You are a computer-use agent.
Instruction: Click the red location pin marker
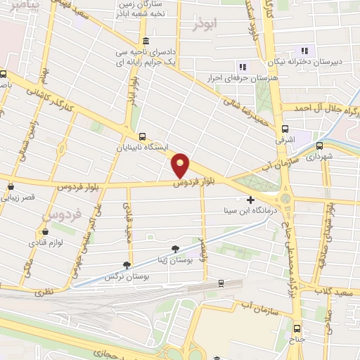[x=181, y=165]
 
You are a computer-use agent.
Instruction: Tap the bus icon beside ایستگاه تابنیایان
[x=143, y=137]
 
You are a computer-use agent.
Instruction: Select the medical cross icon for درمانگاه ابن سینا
[x=250, y=200]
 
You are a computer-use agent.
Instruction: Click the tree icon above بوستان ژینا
[x=175, y=248]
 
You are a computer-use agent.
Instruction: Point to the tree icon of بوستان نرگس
[x=127, y=264]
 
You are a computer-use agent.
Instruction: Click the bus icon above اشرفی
[x=285, y=129]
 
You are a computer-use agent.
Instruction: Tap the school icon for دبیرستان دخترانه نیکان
[x=304, y=50]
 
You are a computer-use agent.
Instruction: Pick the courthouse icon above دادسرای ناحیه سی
[x=145, y=39]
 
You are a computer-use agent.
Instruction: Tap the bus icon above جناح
[x=297, y=328]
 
